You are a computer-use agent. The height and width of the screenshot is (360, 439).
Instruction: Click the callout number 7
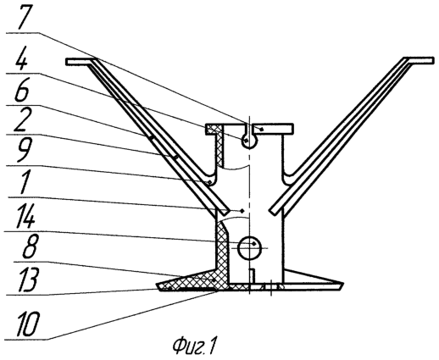[25, 16]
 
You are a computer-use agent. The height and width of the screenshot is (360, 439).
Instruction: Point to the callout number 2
[23, 120]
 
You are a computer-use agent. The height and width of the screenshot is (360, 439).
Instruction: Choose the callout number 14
[26, 217]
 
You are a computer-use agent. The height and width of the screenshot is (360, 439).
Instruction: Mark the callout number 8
[30, 246]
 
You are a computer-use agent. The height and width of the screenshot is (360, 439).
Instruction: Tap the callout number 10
[28, 324]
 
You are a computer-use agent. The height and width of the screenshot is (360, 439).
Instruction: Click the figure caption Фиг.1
[193, 346]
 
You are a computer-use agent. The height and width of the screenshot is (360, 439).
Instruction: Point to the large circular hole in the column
[249, 248]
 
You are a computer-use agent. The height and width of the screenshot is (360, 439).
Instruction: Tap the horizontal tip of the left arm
[80, 61]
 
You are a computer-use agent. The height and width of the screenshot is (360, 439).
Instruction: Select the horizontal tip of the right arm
[419, 61]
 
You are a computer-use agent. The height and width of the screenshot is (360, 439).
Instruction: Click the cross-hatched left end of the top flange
[214, 129]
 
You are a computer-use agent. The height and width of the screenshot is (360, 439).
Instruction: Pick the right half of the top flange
[273, 129]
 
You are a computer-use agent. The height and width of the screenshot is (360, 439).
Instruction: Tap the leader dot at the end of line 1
[242, 210]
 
